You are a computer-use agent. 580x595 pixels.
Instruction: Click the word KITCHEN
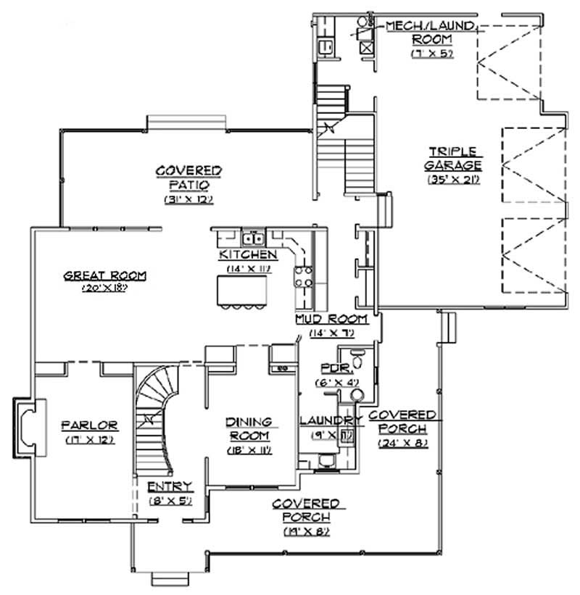[x=247, y=255]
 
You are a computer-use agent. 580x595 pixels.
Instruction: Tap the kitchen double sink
[x=252, y=237]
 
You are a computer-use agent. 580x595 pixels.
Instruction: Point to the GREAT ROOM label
[x=105, y=275]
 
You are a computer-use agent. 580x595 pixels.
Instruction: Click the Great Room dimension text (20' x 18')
[x=105, y=288]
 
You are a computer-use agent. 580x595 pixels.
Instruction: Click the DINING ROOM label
[x=248, y=428]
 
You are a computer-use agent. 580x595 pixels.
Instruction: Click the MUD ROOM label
[x=331, y=319]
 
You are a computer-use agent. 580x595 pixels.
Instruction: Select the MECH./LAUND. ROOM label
[x=430, y=32]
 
